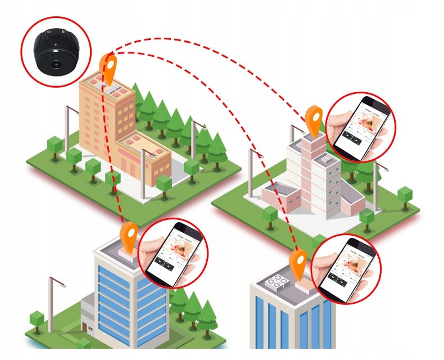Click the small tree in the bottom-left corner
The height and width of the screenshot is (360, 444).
point(37,320)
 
